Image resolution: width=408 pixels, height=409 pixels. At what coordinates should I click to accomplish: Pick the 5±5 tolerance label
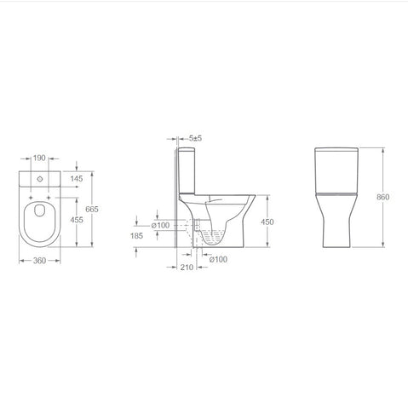pyautogui.click(x=196, y=137)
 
